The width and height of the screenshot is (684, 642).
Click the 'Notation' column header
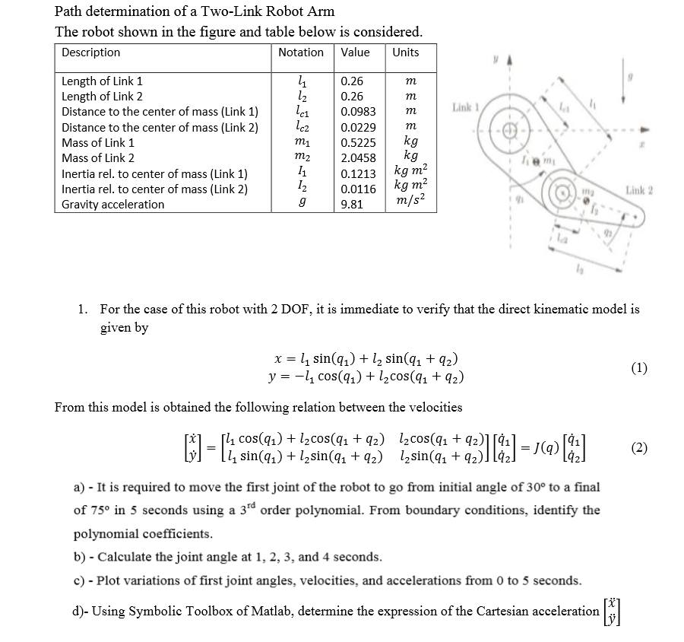click(x=301, y=52)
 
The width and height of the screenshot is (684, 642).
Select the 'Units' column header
click(x=405, y=52)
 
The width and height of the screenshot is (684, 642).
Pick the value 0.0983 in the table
click(x=357, y=112)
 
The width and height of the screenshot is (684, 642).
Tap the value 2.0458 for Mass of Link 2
click(x=357, y=158)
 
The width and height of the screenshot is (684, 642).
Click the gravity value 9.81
click(x=352, y=205)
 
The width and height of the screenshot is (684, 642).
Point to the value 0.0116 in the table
click(x=357, y=189)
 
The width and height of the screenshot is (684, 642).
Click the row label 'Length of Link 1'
click(x=102, y=81)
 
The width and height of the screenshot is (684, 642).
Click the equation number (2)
click(x=639, y=447)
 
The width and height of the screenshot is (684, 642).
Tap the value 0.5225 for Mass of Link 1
click(x=357, y=143)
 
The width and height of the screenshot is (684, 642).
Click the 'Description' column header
click(x=90, y=52)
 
